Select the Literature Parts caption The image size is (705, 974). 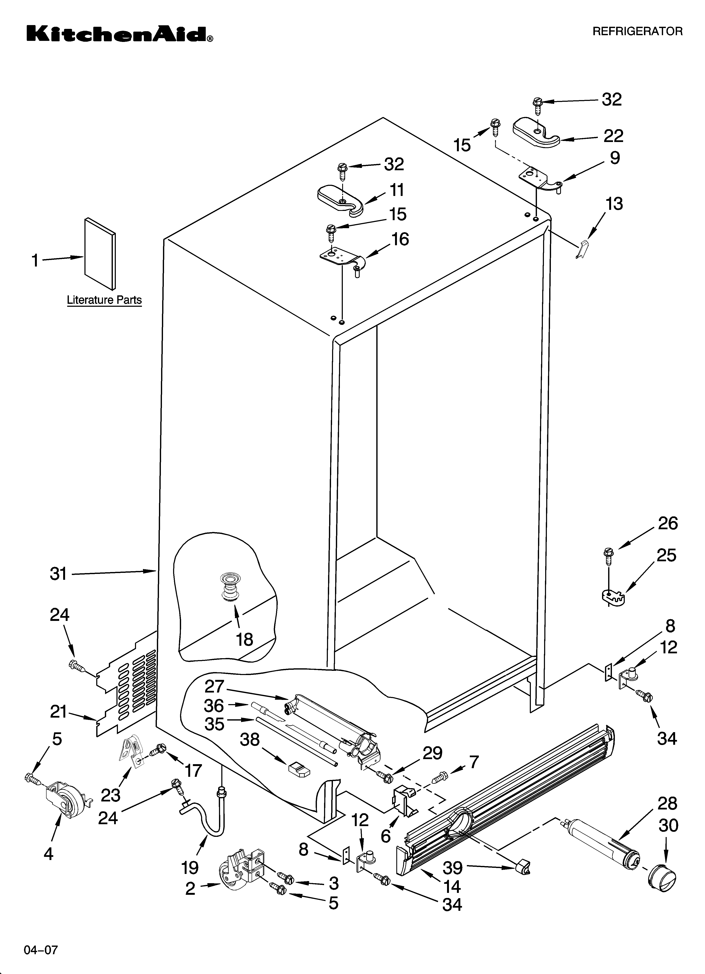(x=104, y=300)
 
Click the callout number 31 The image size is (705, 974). (x=58, y=573)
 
